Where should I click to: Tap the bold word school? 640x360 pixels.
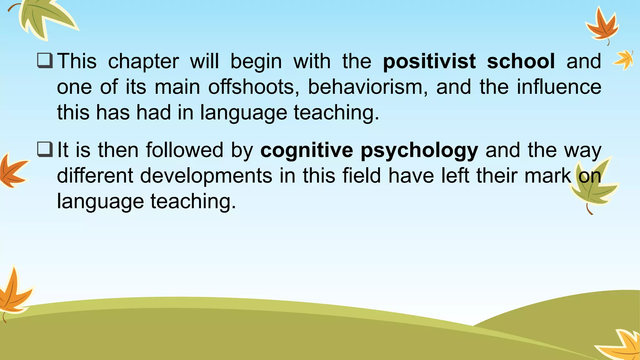tap(521, 61)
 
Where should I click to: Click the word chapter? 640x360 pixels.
tap(143, 62)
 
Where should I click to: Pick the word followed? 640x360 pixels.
tap(185, 150)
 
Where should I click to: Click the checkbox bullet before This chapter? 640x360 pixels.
tap(45, 61)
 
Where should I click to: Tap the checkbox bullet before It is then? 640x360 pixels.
tap(45, 149)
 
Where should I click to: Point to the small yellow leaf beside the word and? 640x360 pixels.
tap(623, 59)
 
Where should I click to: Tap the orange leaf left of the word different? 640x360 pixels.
tap(12, 171)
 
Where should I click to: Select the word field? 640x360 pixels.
tap(362, 176)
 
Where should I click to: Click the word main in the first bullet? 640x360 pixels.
tap(177, 87)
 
